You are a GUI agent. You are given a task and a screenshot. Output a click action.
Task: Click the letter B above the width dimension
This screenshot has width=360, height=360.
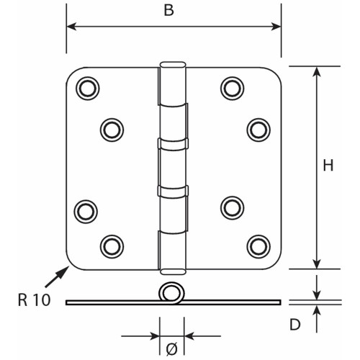168,10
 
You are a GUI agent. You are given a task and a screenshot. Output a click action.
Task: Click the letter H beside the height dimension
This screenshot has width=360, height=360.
328,166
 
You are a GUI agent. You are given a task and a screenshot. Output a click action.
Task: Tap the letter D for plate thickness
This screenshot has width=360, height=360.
295,325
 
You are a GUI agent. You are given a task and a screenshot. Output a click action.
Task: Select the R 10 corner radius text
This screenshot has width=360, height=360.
35,300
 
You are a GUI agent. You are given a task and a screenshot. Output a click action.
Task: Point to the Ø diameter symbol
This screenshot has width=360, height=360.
172,349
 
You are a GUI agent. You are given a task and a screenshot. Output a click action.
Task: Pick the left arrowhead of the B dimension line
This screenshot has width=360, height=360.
71,27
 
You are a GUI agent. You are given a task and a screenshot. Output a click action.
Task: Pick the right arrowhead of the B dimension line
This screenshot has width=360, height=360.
276,27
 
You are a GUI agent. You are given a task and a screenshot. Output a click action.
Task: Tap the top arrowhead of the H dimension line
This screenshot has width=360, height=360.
317,72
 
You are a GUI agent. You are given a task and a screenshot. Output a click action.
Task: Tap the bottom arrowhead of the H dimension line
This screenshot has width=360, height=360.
317,264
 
